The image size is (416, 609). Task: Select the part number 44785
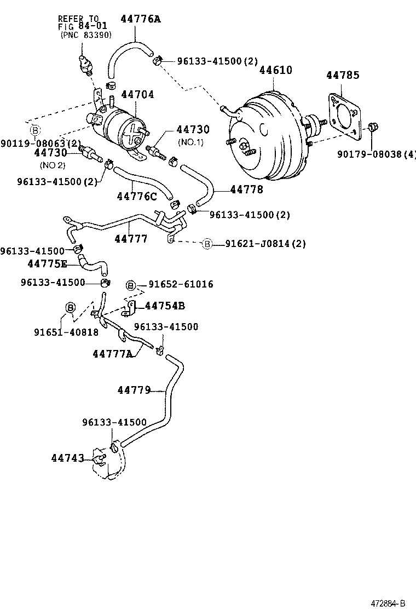tap(343, 75)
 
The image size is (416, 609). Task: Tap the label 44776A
tap(140, 19)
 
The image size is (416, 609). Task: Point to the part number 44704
tap(137, 95)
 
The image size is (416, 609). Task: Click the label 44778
tap(246, 189)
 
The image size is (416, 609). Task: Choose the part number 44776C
tap(136, 196)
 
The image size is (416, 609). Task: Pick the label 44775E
tap(47, 264)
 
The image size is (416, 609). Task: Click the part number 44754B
tap(164, 306)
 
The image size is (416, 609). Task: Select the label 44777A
tap(112, 354)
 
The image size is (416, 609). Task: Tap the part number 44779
tap(134, 390)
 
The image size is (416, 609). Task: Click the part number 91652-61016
tap(181, 284)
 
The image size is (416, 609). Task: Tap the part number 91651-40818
tap(66, 332)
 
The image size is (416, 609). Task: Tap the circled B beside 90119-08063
tap(35, 130)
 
